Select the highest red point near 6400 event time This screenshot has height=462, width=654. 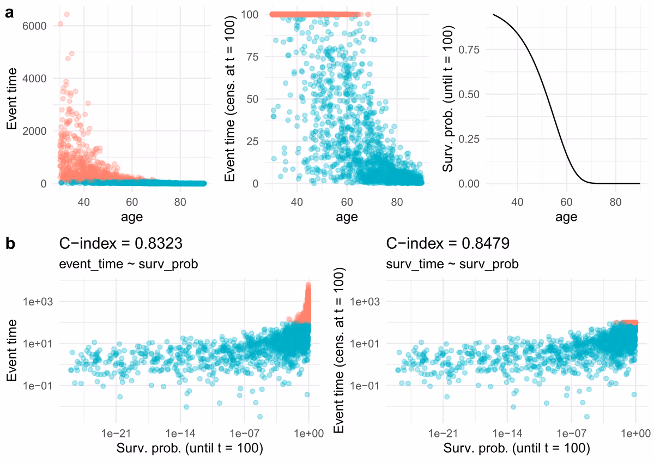coord(66,14)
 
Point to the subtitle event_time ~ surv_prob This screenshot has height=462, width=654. coord(128,265)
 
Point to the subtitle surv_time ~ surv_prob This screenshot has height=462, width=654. coord(452,265)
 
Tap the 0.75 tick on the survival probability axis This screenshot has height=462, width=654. coord(470,50)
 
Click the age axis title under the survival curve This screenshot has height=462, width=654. coord(566,217)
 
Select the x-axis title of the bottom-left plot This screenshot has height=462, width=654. coord(190,448)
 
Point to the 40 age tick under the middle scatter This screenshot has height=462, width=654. coord(297,201)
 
